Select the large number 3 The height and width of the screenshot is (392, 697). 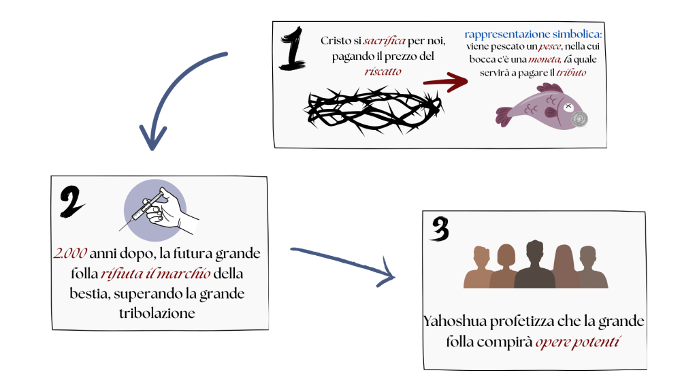click(440, 229)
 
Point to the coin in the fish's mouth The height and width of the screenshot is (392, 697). click(580, 119)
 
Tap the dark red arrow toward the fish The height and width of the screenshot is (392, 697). click(445, 82)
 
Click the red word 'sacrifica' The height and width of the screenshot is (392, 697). click(382, 42)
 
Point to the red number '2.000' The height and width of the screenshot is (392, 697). click(70, 253)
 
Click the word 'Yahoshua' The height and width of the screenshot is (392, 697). click(453, 321)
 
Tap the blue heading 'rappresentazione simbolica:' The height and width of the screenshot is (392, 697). click(534, 33)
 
